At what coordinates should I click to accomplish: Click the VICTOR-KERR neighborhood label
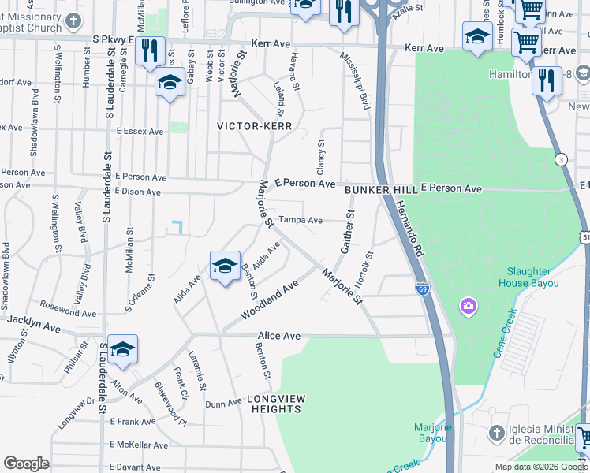255,126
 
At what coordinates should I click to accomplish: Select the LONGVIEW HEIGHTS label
274,404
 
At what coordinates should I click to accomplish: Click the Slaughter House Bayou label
528,277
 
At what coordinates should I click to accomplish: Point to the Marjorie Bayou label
433,433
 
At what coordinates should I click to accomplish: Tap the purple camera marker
469,305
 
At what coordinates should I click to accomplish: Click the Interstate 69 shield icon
422,289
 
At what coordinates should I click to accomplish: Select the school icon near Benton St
225,266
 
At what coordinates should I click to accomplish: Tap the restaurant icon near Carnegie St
149,51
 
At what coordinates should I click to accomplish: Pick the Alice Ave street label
279,336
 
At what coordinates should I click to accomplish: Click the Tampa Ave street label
301,221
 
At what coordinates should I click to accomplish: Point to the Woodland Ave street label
271,301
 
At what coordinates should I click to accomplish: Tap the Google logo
26,464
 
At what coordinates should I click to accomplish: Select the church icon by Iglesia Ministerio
496,433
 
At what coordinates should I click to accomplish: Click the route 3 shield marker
561,159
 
